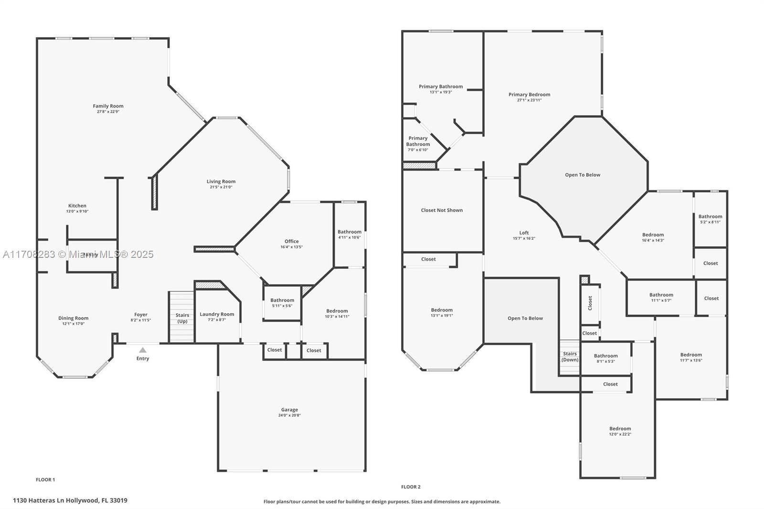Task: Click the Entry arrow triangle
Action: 143,350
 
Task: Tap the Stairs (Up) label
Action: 182,318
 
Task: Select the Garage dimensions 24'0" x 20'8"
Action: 289,415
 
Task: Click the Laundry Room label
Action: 217,314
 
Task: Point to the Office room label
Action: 291,242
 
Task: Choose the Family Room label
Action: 108,106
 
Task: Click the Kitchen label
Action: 77,206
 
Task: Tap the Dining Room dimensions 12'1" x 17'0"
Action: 73,324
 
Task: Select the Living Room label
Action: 221,181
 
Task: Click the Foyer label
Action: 140,315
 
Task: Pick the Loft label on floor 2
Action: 524,233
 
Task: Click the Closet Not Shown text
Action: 442,210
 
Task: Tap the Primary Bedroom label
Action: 529,95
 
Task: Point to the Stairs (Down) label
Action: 570,357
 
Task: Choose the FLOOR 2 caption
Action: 411,487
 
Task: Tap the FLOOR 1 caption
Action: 45,479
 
